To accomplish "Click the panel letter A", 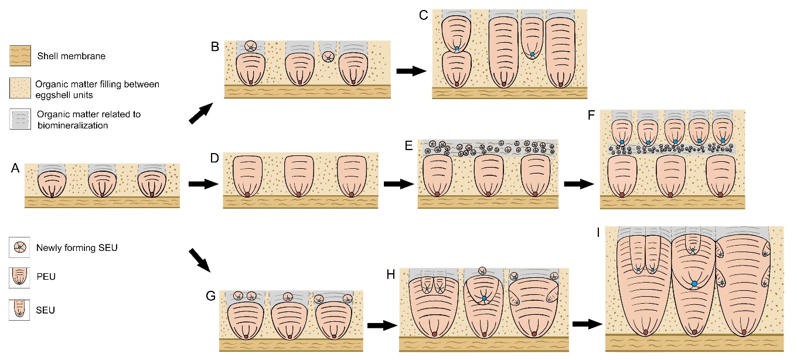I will click(16, 169).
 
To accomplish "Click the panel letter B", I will click(216, 46).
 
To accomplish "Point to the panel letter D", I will click(215, 158).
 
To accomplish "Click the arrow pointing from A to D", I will click(203, 184).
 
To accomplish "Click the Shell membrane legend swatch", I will click(20, 57).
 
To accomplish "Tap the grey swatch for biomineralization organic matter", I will click(20, 120).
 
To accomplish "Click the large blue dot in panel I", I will click(694, 284).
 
